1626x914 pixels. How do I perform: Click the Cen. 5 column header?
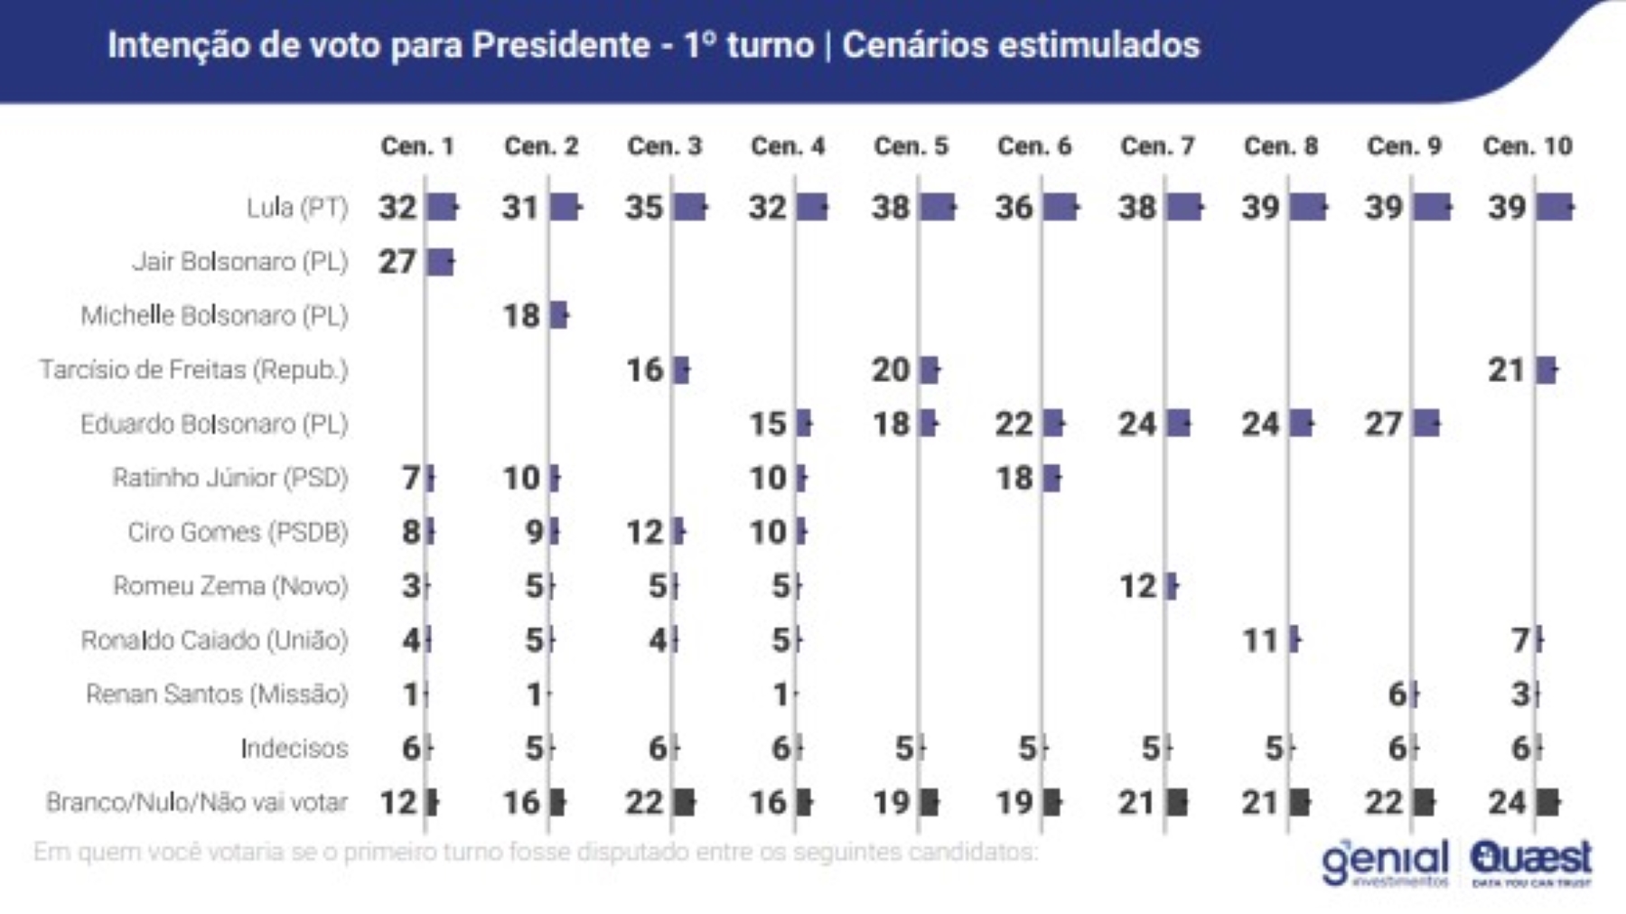(x=911, y=146)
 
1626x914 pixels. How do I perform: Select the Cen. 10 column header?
(x=1528, y=146)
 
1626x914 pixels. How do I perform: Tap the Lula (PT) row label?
(x=297, y=208)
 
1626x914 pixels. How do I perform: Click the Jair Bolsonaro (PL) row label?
(x=240, y=262)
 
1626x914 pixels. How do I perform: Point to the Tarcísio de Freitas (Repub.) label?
(x=193, y=370)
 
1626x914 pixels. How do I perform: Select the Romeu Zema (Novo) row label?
(x=230, y=586)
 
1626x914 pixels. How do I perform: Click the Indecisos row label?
(x=294, y=749)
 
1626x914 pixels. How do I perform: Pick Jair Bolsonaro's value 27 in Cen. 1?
(x=397, y=262)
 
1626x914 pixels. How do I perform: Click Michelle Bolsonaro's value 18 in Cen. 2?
(x=521, y=316)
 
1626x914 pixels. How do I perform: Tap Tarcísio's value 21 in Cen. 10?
(x=1506, y=370)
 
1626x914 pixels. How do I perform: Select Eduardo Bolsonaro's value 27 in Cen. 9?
(x=1383, y=424)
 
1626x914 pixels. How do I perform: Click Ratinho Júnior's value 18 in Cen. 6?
(x=1014, y=479)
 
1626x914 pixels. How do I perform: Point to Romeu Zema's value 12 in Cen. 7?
(x=1137, y=587)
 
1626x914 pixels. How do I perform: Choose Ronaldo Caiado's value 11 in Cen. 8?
(x=1260, y=641)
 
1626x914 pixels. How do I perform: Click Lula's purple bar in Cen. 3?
(x=689, y=208)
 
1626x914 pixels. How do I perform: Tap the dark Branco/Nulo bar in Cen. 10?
(x=1547, y=802)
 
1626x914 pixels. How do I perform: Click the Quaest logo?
(x=1531, y=863)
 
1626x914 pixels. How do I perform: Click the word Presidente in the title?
(x=561, y=45)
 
